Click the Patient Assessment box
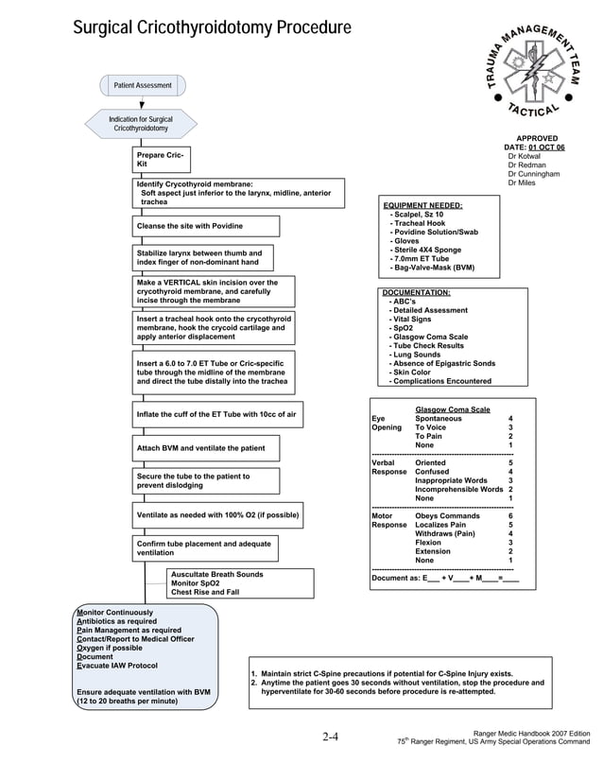pyautogui.click(x=143, y=86)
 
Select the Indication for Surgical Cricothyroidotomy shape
pyautogui.click(x=141, y=124)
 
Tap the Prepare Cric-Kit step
pyautogui.click(x=160, y=160)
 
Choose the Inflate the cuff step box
pyautogui.click(x=216, y=415)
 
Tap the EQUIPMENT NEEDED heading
pyautogui.click(x=422, y=205)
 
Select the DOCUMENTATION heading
pyautogui.click(x=417, y=293)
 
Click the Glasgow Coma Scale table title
pyautogui.click(x=453, y=408)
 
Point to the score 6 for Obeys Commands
pyautogui.click(x=510, y=516)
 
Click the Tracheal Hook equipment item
pyautogui.click(x=417, y=224)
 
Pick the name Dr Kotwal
pyautogui.click(x=524, y=157)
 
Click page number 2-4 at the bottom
pyautogui.click(x=330, y=738)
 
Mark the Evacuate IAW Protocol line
pyautogui.click(x=118, y=666)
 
